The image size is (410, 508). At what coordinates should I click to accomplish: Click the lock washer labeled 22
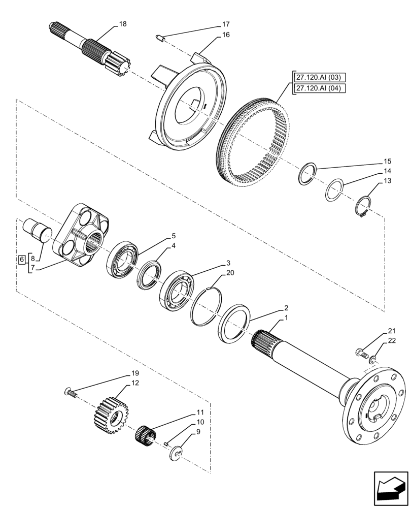[373, 360]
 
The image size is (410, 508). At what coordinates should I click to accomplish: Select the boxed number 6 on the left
[21, 260]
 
